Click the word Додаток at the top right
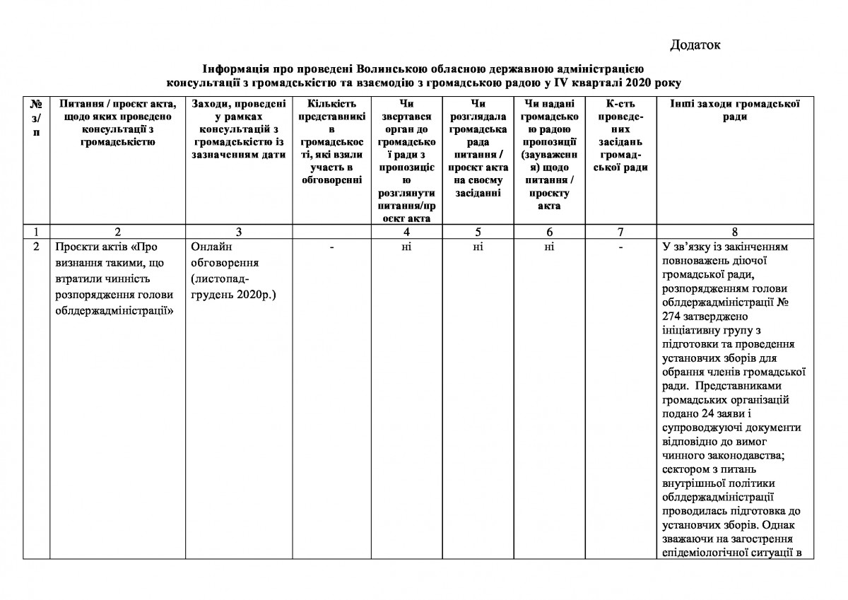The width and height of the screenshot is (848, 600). coord(695,46)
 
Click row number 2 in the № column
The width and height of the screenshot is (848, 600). coord(35,247)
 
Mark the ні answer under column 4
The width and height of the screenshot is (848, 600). coord(406,247)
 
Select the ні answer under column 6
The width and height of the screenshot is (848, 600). coord(549,247)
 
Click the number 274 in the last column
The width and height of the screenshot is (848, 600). coord(673,317)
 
